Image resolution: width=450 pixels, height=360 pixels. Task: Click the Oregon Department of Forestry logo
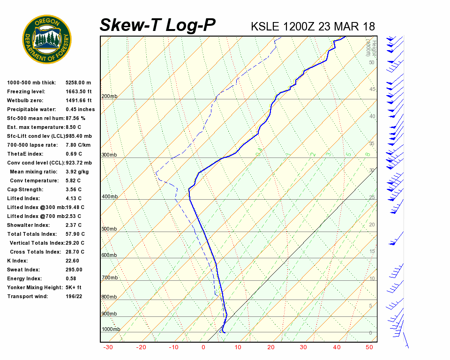[47, 39]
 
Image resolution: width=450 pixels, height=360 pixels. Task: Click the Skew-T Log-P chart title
[157, 25]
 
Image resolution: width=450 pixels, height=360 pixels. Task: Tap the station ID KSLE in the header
[265, 26]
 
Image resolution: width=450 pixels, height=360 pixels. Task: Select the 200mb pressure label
[109, 97]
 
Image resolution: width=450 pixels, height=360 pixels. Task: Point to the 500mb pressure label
[109, 229]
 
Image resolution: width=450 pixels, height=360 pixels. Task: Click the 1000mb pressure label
[111, 330]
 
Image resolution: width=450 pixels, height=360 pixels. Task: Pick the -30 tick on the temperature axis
[108, 347]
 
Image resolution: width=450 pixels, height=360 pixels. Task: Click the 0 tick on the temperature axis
[203, 347]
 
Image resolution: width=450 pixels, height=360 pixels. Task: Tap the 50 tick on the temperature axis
[369, 347]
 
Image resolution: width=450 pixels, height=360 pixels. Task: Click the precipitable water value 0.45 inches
[80, 110]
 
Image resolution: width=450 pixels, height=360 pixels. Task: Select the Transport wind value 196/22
[74, 297]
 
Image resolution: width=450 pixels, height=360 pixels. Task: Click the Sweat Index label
[23, 270]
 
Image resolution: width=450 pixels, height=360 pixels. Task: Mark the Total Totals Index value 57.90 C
[75, 234]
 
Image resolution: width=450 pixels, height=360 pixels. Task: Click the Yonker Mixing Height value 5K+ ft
[74, 288]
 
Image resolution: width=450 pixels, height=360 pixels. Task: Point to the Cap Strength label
[25, 190]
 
